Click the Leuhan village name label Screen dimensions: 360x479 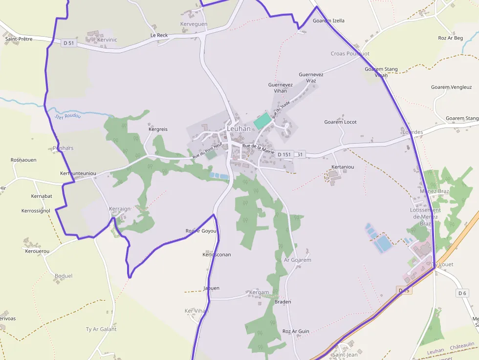click(x=239, y=128)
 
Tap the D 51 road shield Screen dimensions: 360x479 click(x=69, y=43)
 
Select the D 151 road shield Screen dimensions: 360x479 click(x=284, y=154)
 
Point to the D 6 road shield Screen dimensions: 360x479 click(x=462, y=293)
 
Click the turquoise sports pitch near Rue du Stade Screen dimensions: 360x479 click(x=262, y=121)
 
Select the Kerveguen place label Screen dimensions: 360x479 click(x=194, y=24)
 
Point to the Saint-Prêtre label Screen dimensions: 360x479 click(x=19, y=39)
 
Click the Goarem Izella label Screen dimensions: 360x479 click(x=328, y=21)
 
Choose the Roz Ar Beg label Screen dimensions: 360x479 click(x=450, y=38)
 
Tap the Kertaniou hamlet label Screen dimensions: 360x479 click(x=343, y=167)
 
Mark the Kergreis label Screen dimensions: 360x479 click(x=158, y=129)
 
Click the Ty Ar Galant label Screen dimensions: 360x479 click(x=101, y=329)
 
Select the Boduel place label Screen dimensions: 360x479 click(x=64, y=276)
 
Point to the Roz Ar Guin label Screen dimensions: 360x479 click(x=296, y=331)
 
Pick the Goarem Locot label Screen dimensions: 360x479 click(x=340, y=122)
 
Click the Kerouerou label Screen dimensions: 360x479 click(x=37, y=251)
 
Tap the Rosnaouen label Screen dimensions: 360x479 click(x=23, y=160)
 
